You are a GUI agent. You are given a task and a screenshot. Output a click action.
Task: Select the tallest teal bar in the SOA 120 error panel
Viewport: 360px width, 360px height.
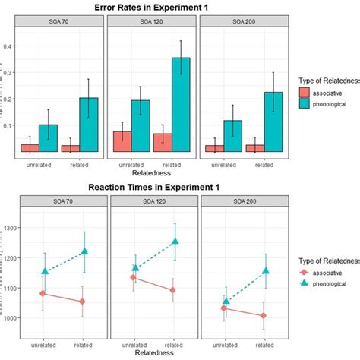[181, 106]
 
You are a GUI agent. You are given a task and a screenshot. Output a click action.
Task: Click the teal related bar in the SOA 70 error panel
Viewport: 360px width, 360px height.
[89, 125]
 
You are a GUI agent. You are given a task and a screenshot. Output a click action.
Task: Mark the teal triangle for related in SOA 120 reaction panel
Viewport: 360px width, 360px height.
[175, 242]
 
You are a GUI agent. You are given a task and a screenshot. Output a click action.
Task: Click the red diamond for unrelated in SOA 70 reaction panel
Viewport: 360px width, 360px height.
[43, 293]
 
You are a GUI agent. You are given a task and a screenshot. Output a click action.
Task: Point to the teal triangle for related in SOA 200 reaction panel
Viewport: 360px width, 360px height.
[266, 270]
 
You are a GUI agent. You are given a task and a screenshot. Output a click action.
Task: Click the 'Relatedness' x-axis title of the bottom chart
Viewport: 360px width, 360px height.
[149, 353]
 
